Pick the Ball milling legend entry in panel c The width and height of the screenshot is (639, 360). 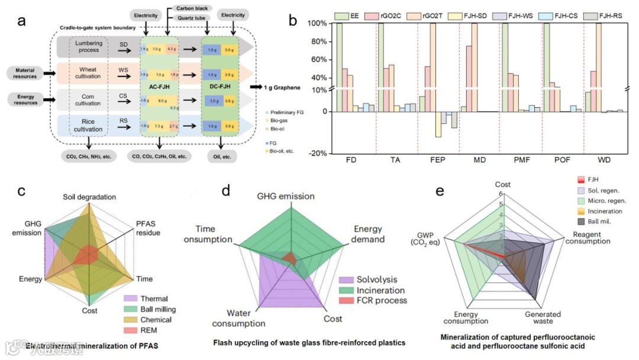(157, 309)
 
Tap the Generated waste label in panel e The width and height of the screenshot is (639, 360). (542, 318)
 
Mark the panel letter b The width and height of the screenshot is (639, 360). (293, 18)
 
